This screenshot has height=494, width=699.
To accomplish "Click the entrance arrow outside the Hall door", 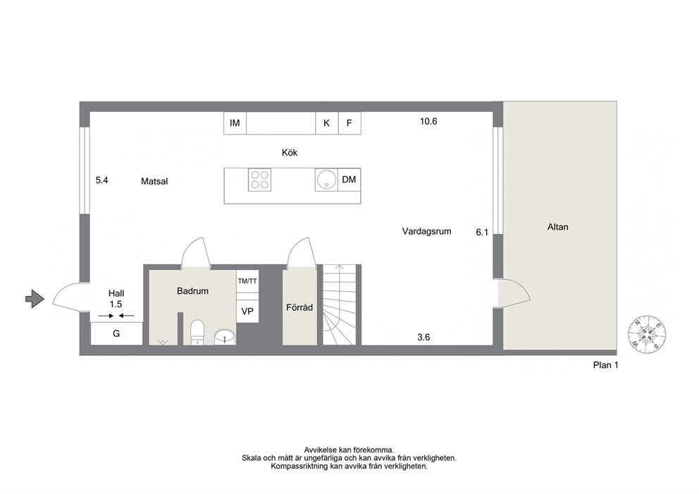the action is pyautogui.click(x=35, y=299).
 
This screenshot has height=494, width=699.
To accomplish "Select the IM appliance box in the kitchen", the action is pyautogui.click(x=235, y=123).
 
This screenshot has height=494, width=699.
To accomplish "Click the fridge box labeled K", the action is pyautogui.click(x=327, y=123).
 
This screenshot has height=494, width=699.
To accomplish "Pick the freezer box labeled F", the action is pyautogui.click(x=349, y=123).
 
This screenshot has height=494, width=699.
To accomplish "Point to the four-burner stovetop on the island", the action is pyautogui.click(x=259, y=180).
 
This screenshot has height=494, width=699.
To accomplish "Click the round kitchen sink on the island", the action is pyautogui.click(x=326, y=180).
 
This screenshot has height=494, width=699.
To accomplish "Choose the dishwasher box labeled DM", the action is pyautogui.click(x=349, y=180).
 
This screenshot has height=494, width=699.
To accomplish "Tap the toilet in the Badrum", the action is pyautogui.click(x=197, y=333).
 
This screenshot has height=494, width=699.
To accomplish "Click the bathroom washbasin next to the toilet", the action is pyautogui.click(x=225, y=337).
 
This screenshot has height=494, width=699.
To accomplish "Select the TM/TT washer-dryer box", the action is pyautogui.click(x=247, y=281).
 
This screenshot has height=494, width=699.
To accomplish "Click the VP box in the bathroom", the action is pyautogui.click(x=247, y=311).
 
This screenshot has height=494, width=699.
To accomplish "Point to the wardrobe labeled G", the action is pyautogui.click(x=116, y=333).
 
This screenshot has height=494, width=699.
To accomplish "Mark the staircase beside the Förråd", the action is pyautogui.click(x=340, y=304).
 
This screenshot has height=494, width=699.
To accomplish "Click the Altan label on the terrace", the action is pyautogui.click(x=557, y=227).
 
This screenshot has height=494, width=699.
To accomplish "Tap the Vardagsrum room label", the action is pyautogui.click(x=426, y=231).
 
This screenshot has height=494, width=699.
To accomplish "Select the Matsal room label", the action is pyautogui.click(x=154, y=181).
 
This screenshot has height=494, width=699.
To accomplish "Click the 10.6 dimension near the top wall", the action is pyautogui.click(x=428, y=121).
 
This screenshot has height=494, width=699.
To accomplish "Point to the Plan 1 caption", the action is pyautogui.click(x=605, y=365).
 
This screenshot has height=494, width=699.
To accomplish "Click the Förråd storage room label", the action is pyautogui.click(x=299, y=307).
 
